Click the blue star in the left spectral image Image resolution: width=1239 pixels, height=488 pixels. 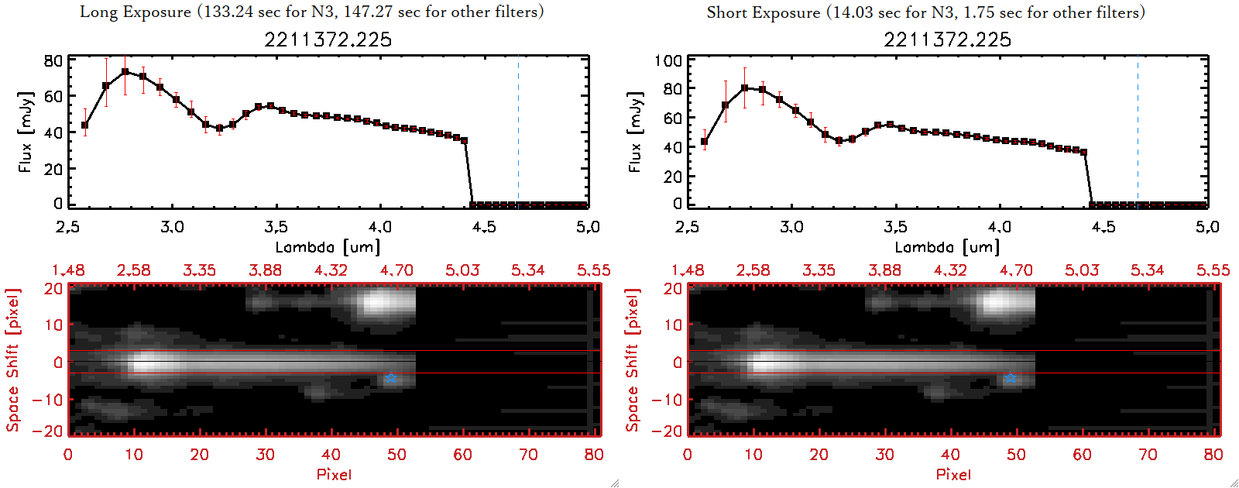[391, 378]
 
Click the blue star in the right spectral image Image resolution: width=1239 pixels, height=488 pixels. [1011, 378]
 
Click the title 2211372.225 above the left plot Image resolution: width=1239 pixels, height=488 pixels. [328, 40]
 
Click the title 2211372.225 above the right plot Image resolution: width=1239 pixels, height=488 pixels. [948, 40]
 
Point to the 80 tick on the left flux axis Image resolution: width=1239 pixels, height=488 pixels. [53, 60]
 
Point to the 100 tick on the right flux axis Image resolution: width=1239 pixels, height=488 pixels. [668, 60]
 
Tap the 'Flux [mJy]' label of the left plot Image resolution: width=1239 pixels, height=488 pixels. [26, 132]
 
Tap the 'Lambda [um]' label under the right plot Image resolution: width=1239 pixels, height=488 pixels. [947, 247]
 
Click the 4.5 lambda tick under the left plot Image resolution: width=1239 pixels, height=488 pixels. [484, 227]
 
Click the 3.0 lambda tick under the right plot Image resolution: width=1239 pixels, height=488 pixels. [791, 227]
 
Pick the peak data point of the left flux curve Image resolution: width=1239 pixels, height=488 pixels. [125, 72]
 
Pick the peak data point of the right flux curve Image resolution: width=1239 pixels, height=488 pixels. [745, 88]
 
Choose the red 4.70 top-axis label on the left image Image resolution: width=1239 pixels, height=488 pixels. [396, 270]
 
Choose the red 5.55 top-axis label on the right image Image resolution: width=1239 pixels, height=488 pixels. [1213, 270]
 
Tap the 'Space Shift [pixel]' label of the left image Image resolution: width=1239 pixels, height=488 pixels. [12, 360]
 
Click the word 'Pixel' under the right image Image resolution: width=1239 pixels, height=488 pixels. [953, 474]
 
